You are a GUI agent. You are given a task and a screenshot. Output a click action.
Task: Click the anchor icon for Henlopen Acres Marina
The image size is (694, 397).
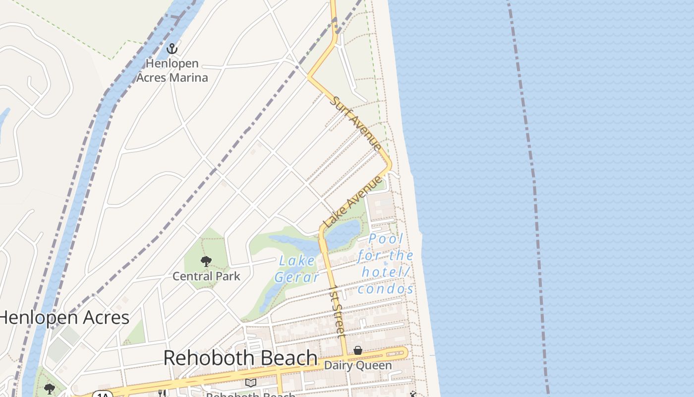(x=172, y=49)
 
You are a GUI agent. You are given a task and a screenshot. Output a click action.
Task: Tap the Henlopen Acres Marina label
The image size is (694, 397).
(x=172, y=70)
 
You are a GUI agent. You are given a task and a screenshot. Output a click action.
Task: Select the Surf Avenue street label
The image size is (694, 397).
(x=356, y=124)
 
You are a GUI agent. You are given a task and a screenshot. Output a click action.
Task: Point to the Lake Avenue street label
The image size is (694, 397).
(x=353, y=201)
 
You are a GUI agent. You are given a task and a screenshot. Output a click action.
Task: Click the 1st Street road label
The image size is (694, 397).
(x=338, y=312)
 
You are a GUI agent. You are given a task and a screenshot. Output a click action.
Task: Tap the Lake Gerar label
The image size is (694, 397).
(x=297, y=268)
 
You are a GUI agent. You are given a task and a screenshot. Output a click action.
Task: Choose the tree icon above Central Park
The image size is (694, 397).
(x=206, y=262)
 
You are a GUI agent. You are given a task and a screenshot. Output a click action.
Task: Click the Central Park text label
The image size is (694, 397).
(x=206, y=276)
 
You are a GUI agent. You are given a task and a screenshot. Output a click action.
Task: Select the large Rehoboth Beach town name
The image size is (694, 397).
(x=240, y=358)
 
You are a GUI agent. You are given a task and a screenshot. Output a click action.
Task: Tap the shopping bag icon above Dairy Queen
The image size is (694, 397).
(x=357, y=351)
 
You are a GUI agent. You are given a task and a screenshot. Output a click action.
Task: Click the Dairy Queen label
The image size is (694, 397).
(x=357, y=366)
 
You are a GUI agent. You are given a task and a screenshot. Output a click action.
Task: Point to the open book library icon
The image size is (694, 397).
(x=251, y=383)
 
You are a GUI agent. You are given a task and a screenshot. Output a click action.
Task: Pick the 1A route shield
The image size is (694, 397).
(x=103, y=395)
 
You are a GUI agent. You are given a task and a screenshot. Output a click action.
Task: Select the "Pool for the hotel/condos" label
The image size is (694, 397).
(x=386, y=264)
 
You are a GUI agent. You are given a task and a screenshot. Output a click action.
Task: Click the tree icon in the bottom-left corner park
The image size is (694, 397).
(x=49, y=389)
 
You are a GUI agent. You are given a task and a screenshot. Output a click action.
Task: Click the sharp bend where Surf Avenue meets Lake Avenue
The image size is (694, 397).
(x=389, y=165)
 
